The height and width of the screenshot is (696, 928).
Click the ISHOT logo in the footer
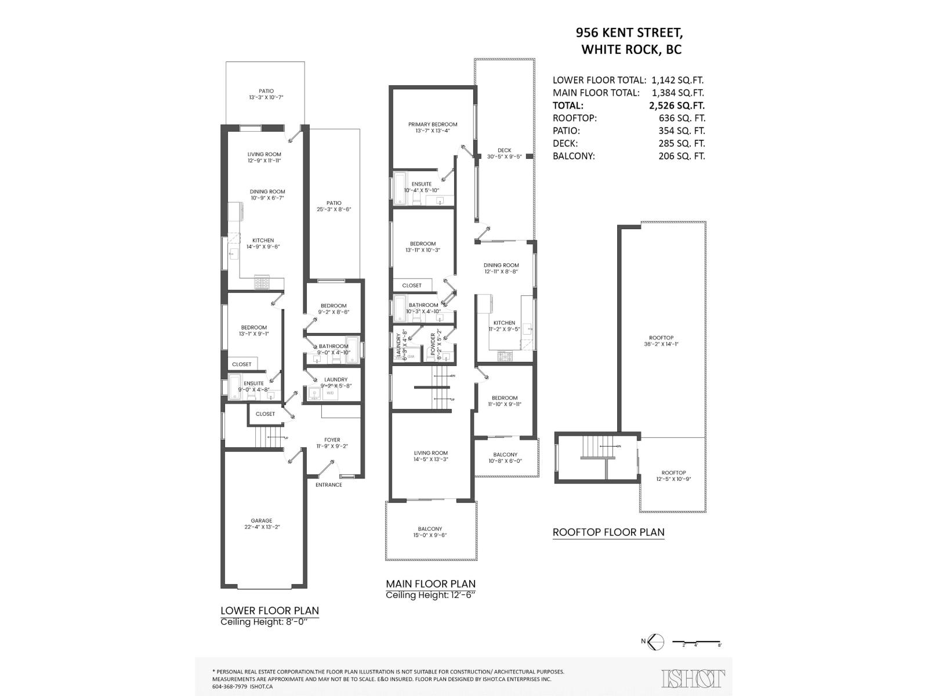694,678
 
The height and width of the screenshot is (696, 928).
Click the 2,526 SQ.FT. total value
678,106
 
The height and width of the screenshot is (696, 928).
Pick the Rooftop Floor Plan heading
608,532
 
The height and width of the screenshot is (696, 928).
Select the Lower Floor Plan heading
270,610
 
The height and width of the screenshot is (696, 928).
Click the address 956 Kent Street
629,32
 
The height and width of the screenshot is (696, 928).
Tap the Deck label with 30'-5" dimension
504,153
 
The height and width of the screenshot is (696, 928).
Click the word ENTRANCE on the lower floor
328,485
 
